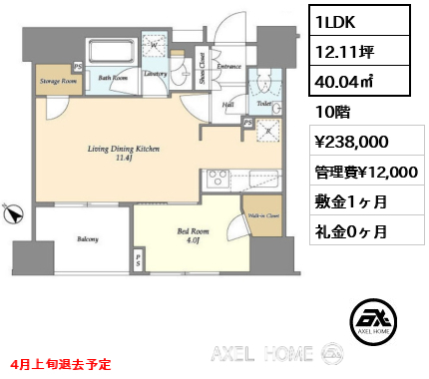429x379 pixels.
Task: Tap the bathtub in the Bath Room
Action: [111, 52]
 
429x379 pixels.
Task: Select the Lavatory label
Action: [155, 73]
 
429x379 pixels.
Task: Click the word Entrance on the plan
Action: [228, 67]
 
